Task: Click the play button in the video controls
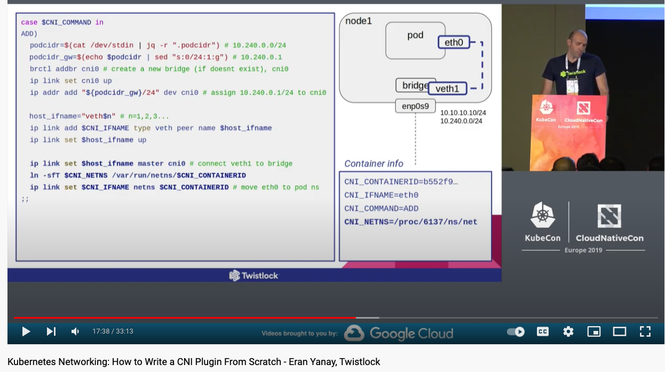click(x=26, y=331)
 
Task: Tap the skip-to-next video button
click(x=51, y=331)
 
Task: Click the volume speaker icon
click(x=75, y=331)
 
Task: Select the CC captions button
click(x=543, y=331)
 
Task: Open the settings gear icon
click(x=568, y=331)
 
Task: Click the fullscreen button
click(x=645, y=331)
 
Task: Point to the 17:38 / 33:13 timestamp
click(x=113, y=331)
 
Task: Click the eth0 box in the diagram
click(x=454, y=42)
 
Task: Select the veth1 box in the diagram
click(x=447, y=89)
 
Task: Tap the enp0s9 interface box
click(x=415, y=106)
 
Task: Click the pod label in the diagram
click(x=415, y=35)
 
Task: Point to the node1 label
click(x=358, y=21)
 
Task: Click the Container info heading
click(x=374, y=164)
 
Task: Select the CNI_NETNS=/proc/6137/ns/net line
click(x=410, y=221)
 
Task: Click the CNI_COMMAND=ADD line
click(x=381, y=208)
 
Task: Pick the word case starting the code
click(x=29, y=22)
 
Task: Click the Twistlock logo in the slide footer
click(x=254, y=275)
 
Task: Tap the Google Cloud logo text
click(x=411, y=334)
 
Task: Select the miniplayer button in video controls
click(x=594, y=331)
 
